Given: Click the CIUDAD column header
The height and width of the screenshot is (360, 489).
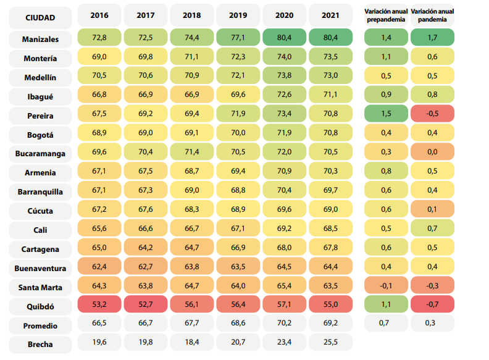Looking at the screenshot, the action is pyautogui.click(x=40, y=18).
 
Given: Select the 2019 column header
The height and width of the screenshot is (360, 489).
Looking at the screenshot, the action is pyautogui.click(x=238, y=15).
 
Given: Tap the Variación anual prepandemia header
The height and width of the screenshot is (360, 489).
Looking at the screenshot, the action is pyautogui.click(x=386, y=15).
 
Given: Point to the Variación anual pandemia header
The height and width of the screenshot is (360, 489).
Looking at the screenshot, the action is pyautogui.click(x=432, y=15).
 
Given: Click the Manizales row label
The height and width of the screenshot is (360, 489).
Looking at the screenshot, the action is pyautogui.click(x=40, y=40).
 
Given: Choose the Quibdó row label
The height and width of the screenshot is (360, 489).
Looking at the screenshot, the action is pyautogui.click(x=40, y=307).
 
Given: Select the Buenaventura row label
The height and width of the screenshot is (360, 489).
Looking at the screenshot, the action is pyautogui.click(x=40, y=268).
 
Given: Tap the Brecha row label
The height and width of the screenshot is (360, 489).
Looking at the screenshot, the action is pyautogui.click(x=40, y=345).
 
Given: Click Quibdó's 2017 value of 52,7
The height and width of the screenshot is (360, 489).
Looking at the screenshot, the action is pyautogui.click(x=146, y=304).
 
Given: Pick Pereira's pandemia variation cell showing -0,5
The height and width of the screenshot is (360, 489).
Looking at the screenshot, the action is pyautogui.click(x=432, y=114).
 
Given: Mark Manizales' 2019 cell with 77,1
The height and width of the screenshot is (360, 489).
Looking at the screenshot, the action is pyautogui.click(x=238, y=38).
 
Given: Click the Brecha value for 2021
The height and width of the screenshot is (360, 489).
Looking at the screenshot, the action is pyautogui.click(x=330, y=342).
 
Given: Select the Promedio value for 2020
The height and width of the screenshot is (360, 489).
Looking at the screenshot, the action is pyautogui.click(x=284, y=323).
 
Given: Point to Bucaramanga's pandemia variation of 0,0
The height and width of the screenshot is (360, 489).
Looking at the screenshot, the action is pyautogui.click(x=432, y=152).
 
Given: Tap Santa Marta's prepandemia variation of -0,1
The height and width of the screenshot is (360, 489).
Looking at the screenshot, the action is pyautogui.click(x=386, y=285).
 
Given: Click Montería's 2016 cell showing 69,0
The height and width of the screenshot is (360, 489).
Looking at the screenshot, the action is pyautogui.click(x=99, y=56).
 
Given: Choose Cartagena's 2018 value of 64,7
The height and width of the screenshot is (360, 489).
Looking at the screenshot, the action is pyautogui.click(x=192, y=248).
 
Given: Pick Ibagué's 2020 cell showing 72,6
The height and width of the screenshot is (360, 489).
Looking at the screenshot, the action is pyautogui.click(x=284, y=94).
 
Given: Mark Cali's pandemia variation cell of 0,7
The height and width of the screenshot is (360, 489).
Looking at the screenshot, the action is pyautogui.click(x=432, y=228).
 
